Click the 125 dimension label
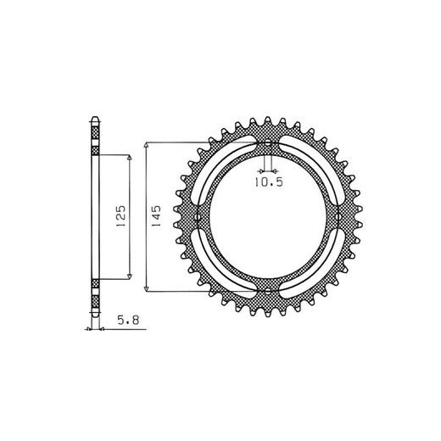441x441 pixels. click(121, 216)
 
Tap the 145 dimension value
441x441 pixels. click(156, 215)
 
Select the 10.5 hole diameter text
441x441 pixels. click(269, 182)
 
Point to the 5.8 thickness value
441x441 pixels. click(128, 320)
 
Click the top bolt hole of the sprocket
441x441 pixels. click(267, 143)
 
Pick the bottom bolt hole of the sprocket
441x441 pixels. click(267, 290)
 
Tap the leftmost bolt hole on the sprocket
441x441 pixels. click(198, 217)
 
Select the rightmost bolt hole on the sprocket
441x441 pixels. click(337, 217)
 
